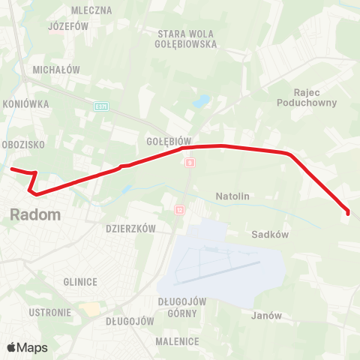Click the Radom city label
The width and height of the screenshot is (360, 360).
point(35,214)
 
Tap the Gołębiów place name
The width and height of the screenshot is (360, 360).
point(170,140)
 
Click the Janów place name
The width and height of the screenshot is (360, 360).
point(266,316)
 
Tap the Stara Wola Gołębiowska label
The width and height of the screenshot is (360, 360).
point(187,39)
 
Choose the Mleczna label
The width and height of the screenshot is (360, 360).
point(91,10)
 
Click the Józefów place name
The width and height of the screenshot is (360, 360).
point(68,25)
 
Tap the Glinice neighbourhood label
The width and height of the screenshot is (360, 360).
point(81,282)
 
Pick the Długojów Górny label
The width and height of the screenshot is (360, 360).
point(182,306)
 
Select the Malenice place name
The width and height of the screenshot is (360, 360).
point(178,341)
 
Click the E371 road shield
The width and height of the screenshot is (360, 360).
point(101,107)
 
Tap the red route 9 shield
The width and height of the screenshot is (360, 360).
point(190,162)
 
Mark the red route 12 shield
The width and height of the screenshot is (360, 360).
point(179,209)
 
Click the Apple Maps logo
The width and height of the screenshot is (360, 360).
point(27,347)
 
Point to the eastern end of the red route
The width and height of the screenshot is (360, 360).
point(348,213)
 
